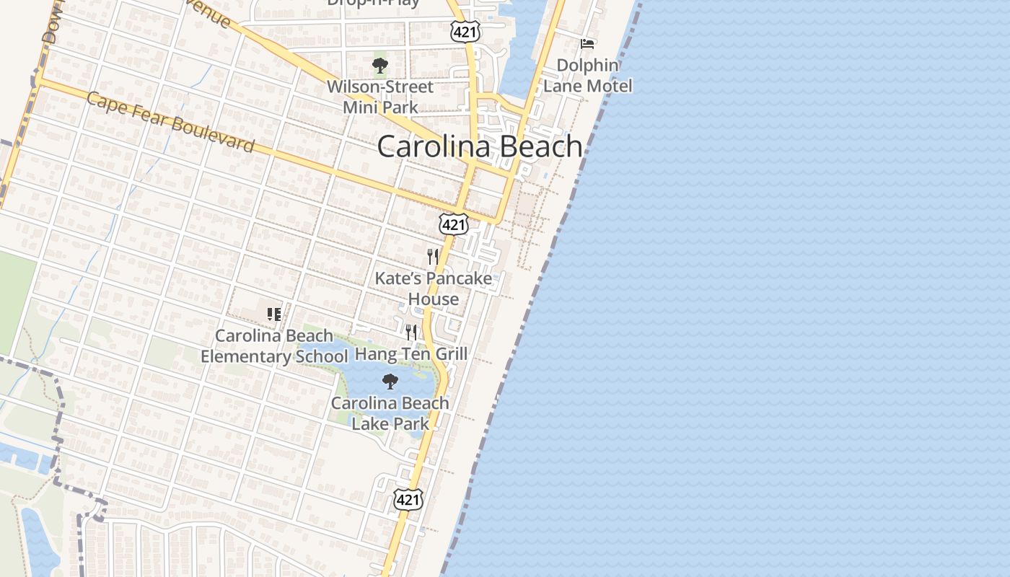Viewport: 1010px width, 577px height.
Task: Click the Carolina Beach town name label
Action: pos(480,146)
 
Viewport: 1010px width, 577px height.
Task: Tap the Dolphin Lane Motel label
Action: pos(588,76)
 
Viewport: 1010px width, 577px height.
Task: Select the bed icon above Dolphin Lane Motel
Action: pos(587,44)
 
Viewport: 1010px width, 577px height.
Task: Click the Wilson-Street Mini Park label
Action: pos(380,97)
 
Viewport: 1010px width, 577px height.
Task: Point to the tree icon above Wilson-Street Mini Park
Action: pos(379,66)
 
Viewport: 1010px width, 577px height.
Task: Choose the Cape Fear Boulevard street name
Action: pos(170,122)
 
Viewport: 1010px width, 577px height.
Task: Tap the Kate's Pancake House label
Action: pos(434,288)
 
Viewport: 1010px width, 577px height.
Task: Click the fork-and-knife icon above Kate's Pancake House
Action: pos(433,256)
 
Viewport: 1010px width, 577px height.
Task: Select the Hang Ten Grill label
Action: pos(411,354)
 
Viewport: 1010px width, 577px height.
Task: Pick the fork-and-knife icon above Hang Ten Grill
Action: pos(411,332)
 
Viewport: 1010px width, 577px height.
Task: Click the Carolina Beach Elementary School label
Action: pos(274,346)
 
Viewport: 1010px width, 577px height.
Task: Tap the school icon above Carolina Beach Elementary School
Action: pos(273,314)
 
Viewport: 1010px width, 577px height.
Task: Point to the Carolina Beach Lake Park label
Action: pos(390,413)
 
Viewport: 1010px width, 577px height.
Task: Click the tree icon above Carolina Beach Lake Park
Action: pos(390,382)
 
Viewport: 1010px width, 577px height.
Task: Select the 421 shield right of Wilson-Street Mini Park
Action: pos(465,31)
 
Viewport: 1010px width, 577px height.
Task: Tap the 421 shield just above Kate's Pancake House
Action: pos(454,224)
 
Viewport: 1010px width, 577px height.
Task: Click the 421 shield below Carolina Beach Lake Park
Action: pos(408,499)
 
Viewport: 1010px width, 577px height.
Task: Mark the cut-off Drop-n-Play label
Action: pos(373,3)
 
